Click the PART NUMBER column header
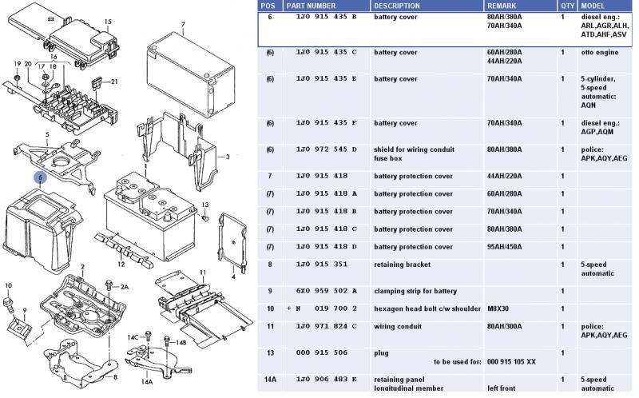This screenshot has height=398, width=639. coord(310,6)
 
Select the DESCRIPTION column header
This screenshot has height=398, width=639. coord(398,6)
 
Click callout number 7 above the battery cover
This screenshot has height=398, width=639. coord(183,26)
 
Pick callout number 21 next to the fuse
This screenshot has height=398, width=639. coord(114,82)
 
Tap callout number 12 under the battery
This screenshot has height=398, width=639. coord(121,264)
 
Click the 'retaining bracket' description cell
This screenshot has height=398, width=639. coord(402,265)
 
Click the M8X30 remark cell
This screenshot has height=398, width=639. coord(500,308)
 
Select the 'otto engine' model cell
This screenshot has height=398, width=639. coord(598,52)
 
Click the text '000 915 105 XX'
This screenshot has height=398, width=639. coord(514,361)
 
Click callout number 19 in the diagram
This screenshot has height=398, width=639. coord(17,64)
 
